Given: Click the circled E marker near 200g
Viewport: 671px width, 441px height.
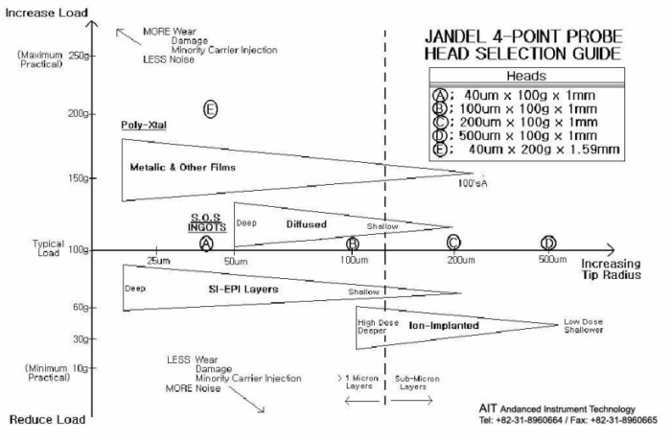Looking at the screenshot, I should coord(211,109).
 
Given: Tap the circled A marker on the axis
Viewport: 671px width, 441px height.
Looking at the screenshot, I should coord(206,244).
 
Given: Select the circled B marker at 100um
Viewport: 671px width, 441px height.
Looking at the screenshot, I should coord(353,244).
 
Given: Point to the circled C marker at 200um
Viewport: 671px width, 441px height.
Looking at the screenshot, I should coord(453,243).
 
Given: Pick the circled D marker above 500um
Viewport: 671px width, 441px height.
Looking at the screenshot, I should coord(548,243).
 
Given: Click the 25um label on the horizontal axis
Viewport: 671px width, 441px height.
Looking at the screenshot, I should coord(159,261).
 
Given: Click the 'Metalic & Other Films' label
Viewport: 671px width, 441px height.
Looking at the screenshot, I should coord(182,167).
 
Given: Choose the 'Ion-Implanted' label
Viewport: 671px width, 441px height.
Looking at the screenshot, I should coord(443,326).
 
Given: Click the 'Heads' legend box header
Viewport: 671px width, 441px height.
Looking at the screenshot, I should coord(525,76).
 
